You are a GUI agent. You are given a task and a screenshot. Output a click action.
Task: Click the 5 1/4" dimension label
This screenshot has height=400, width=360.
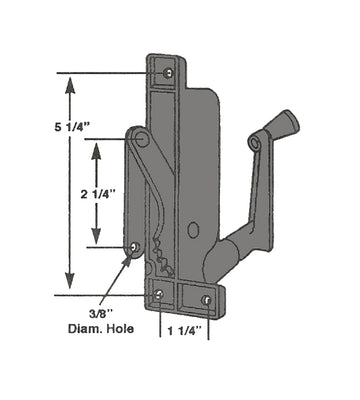tap(72, 127)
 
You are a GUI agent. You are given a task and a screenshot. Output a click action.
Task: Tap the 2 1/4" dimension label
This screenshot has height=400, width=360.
tap(98, 194)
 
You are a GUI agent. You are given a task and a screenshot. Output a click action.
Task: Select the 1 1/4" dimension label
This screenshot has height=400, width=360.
tap(184, 331)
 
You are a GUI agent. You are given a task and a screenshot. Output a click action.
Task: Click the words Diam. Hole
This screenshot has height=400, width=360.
tap(101, 329)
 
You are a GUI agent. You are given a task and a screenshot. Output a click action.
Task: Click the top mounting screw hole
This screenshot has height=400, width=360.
tap(169, 73)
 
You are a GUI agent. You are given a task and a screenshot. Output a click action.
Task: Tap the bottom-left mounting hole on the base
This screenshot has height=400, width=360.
tap(159, 294)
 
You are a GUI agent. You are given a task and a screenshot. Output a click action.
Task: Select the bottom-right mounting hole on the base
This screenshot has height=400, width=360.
tap(206, 300)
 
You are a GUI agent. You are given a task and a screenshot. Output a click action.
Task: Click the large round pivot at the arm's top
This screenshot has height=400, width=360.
tap(142, 138)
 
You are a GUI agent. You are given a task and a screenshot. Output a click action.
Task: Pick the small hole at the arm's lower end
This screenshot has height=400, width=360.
tap(135, 247)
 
